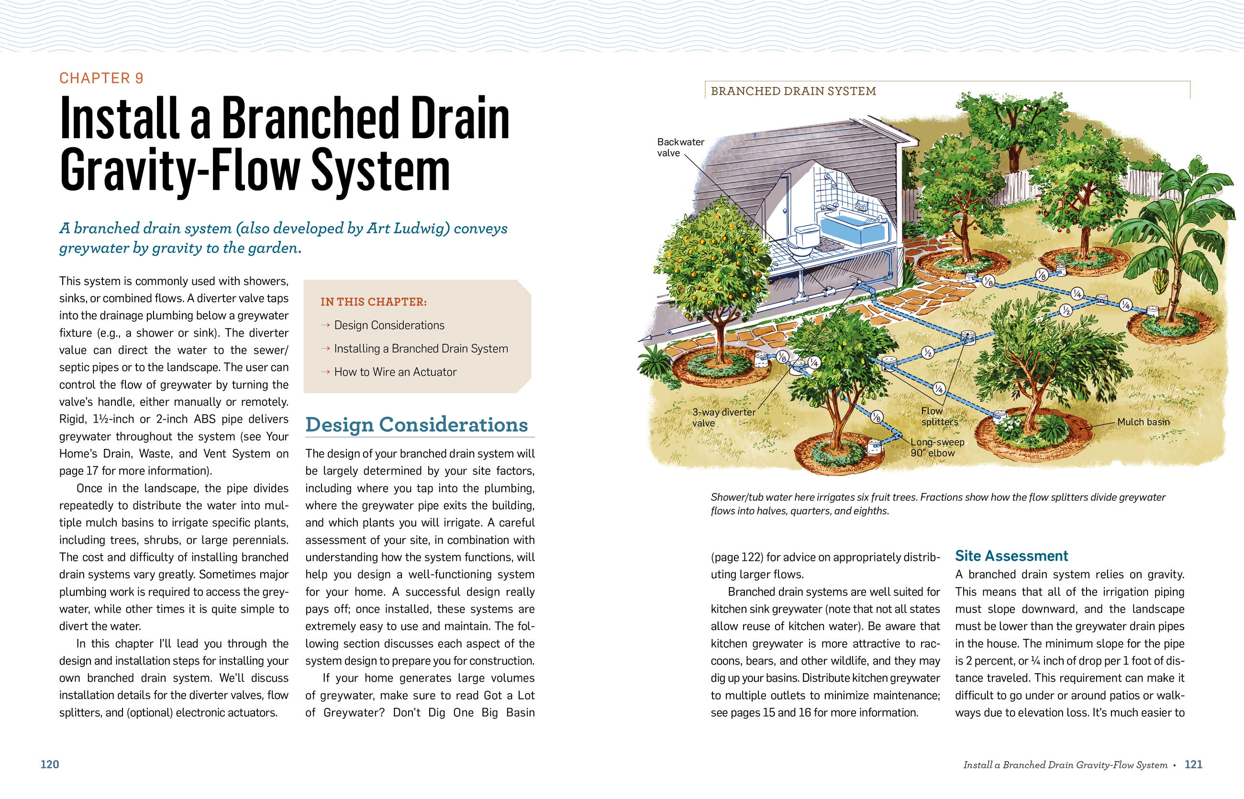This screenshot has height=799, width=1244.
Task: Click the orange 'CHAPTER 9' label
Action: (101, 78)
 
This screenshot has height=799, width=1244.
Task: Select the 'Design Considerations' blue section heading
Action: (416, 425)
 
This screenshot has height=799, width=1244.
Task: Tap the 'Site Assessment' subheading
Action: (1011, 556)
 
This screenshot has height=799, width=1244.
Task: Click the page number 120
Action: (50, 764)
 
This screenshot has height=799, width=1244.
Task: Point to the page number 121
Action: (1193, 764)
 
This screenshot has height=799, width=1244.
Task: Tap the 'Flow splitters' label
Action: (939, 416)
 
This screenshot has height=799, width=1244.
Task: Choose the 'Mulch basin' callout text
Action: (1143, 422)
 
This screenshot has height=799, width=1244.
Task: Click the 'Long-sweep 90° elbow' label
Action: (937, 447)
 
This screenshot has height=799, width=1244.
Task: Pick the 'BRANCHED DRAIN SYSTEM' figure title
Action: (793, 91)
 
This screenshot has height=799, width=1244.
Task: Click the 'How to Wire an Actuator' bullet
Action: (395, 372)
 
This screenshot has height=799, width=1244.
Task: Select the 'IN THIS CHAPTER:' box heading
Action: (373, 302)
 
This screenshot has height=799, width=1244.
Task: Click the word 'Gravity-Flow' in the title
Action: (179, 171)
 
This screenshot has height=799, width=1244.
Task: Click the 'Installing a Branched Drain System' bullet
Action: (421, 349)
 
